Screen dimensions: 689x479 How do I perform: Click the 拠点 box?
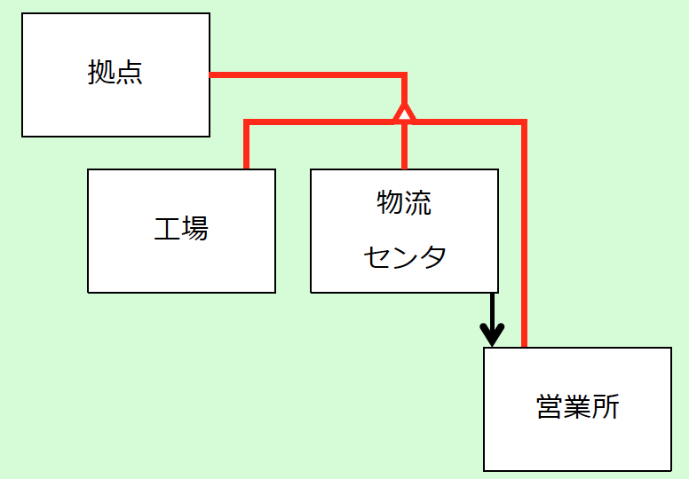coord(116,75)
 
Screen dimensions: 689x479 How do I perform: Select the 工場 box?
coord(181,231)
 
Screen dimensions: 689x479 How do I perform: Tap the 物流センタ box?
coord(404,231)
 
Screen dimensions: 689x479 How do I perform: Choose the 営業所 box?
coord(577,409)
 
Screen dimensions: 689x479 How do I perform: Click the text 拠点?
coord(115,72)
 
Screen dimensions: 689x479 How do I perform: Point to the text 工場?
coord(181,228)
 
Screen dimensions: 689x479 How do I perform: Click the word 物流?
coord(404,202)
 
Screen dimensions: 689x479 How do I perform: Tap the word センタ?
coord(405,257)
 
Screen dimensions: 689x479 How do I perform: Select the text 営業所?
coord(577,406)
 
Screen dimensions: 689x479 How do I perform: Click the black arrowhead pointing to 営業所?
coord(492,335)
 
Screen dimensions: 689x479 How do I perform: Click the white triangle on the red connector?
coord(404,113)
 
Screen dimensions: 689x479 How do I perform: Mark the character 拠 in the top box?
coord(101,72)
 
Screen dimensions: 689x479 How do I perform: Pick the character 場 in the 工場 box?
coord(195,228)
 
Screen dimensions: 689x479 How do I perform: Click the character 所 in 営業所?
coord(606,406)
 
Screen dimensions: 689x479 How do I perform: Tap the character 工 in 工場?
coord(168,228)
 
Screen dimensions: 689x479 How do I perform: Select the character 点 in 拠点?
coord(130,72)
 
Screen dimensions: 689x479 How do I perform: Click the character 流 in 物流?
coord(418,202)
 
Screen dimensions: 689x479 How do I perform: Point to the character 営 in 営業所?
coord(550,406)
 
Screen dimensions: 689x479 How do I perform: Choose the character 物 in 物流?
coord(390,202)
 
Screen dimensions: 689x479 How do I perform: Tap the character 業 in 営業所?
coord(578,406)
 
